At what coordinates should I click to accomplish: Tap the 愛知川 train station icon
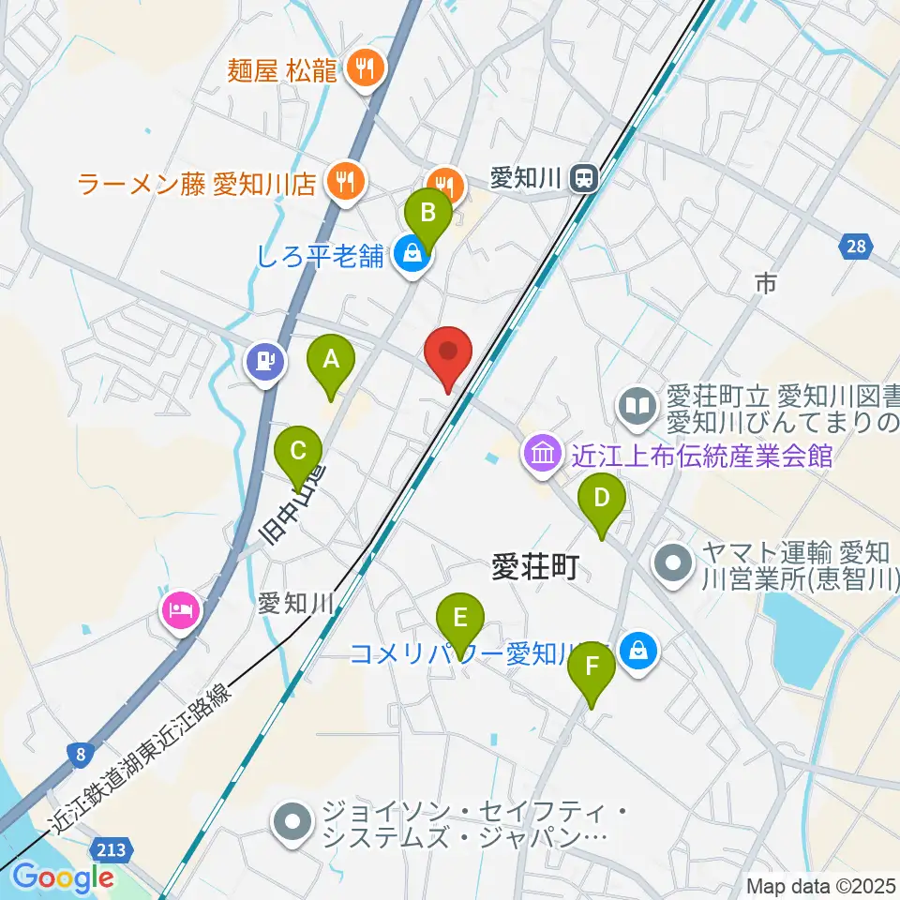click(x=585, y=177)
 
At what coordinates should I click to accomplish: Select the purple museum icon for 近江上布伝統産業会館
click(x=542, y=456)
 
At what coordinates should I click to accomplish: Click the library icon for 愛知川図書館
click(x=637, y=407)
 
